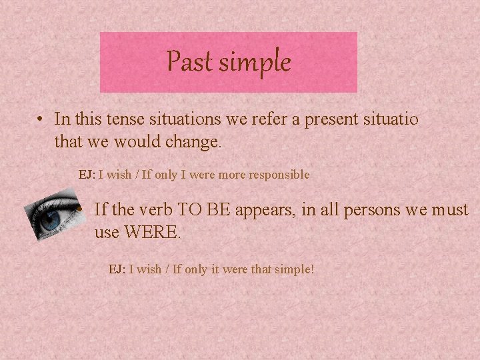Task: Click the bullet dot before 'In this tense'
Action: [x=41, y=120]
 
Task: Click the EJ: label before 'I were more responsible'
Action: [x=87, y=175]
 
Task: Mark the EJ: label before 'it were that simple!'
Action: [x=117, y=269]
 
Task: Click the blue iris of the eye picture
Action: [x=50, y=221]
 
